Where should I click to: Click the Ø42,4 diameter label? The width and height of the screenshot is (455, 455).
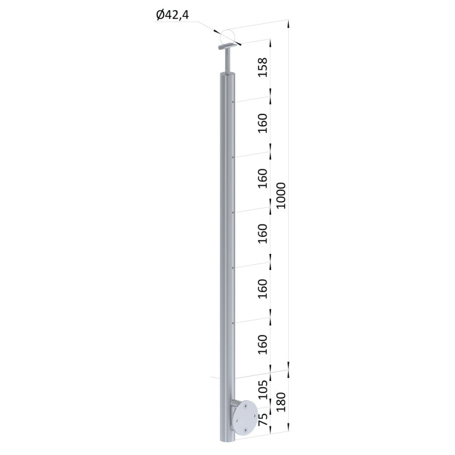tap(173, 15)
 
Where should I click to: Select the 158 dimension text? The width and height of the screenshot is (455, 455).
tap(263, 68)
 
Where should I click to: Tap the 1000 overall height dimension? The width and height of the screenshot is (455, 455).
tap(281, 195)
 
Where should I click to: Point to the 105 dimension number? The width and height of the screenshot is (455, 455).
tap(263, 389)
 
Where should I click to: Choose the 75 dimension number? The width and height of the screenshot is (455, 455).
tap(263, 420)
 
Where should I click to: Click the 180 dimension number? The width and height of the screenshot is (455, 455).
tap(281, 402)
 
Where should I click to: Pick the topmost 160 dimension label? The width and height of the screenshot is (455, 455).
tap(263, 123)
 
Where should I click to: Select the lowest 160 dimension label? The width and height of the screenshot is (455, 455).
tap(263, 344)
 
